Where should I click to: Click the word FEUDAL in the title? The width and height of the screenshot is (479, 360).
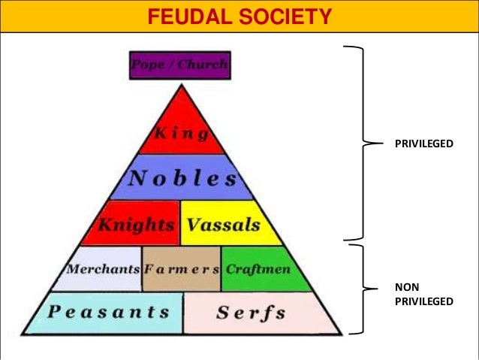click(x=193, y=16)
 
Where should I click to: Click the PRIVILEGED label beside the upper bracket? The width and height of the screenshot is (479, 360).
click(x=424, y=141)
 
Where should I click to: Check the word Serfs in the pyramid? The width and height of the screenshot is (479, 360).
click(x=251, y=313)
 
